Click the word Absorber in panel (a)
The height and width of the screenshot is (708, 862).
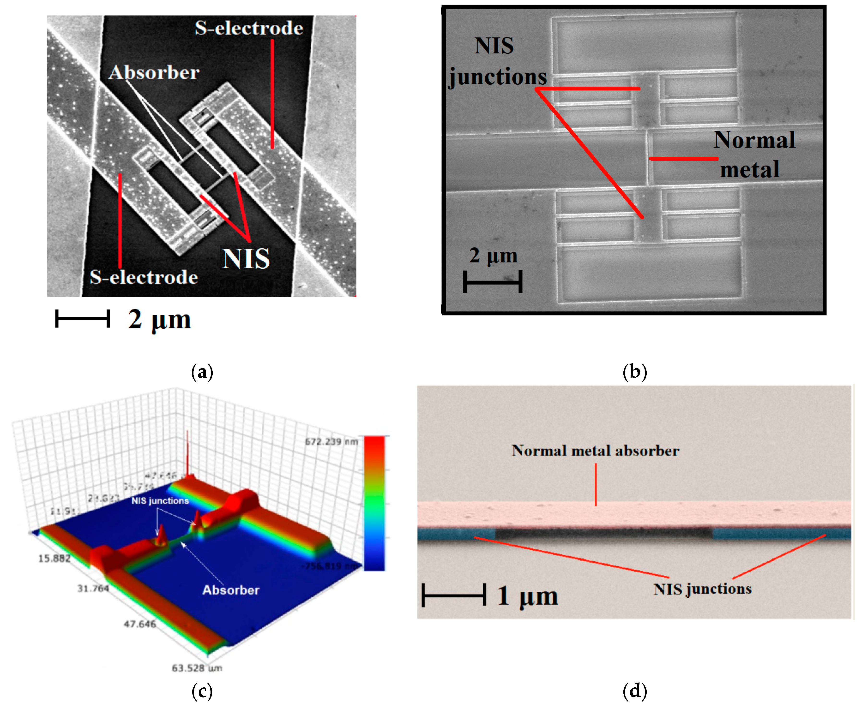(154, 73)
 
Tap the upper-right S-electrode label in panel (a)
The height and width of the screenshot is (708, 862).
(249, 28)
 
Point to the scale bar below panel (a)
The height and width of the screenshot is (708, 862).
(82, 319)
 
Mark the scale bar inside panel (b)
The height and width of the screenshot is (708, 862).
(492, 281)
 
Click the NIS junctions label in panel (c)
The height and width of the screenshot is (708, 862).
(160, 500)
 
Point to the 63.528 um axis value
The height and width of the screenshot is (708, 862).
(197, 668)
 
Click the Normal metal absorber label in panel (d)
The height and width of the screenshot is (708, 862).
(595, 451)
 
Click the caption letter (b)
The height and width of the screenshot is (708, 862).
(635, 372)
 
